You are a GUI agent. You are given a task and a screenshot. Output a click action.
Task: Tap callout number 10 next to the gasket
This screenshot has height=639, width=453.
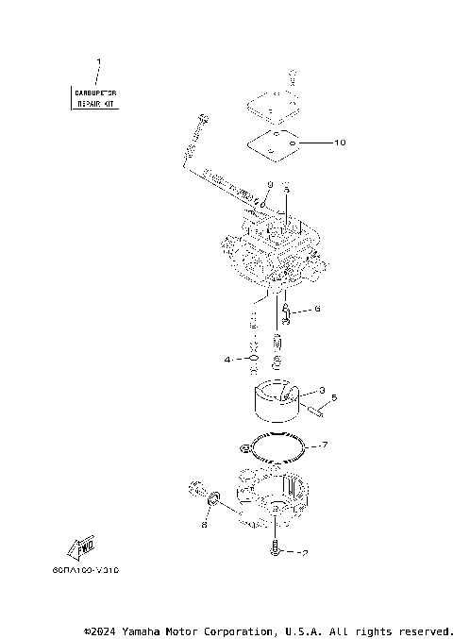(x=341, y=143)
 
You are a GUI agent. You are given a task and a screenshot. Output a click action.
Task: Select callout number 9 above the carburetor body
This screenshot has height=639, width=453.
(x=269, y=184)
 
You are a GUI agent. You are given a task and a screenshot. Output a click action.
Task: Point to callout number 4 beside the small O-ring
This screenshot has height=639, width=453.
(x=227, y=360)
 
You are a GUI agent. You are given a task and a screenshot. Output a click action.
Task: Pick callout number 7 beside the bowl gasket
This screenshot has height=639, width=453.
(x=324, y=444)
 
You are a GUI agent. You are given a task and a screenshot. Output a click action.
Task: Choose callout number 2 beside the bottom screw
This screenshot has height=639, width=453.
(x=304, y=552)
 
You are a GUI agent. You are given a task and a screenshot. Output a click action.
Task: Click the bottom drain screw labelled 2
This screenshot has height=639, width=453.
(x=275, y=548)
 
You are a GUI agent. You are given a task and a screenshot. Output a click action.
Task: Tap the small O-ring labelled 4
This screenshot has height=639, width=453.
(x=253, y=359)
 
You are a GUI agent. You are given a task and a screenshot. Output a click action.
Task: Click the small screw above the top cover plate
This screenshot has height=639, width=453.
(x=293, y=74)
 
